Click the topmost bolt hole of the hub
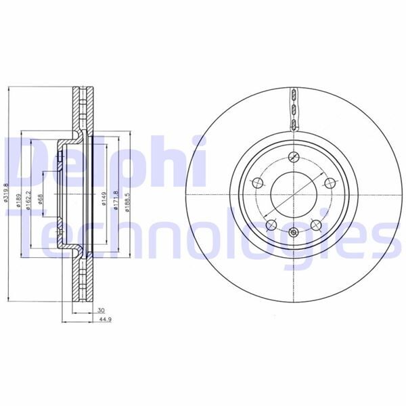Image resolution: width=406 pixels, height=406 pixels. point(293,158)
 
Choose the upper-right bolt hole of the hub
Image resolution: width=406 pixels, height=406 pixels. point(329,183)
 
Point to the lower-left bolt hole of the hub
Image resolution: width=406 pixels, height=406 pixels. point(271,224)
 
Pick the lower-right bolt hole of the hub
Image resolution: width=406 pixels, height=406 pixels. point(315,224)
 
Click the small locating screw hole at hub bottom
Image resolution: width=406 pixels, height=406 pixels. point(293,233)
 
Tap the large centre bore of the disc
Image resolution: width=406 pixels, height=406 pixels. point(293,194)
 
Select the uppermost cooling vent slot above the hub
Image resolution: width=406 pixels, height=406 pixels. point(293,94)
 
